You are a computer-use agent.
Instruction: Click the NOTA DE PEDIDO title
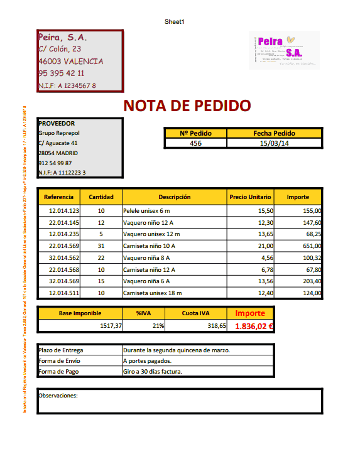point(187,105)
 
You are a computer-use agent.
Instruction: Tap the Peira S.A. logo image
point(283,50)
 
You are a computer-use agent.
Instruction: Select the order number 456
point(195,143)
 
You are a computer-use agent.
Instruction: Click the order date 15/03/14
point(274,143)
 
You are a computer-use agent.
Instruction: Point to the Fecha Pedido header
point(274,133)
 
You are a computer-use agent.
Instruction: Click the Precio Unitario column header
point(250,197)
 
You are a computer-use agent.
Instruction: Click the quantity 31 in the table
point(101,246)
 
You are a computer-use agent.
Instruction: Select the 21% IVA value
point(158,327)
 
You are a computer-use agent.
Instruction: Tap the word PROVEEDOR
point(57,124)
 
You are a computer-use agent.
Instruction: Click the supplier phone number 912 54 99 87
point(55,163)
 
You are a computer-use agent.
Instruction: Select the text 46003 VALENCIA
point(71,62)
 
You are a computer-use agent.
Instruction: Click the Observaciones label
point(58,396)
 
